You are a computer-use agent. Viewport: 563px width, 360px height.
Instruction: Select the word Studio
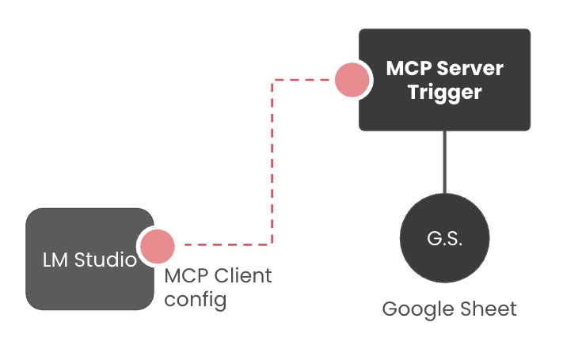(105, 260)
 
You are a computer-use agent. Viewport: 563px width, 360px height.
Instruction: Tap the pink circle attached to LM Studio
(157, 246)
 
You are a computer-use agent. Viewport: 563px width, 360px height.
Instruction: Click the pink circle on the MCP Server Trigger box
(352, 79)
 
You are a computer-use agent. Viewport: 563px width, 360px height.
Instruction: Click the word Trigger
(445, 93)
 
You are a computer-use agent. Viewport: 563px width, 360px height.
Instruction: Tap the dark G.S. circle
(444, 238)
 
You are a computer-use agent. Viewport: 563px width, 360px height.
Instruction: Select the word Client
(242, 276)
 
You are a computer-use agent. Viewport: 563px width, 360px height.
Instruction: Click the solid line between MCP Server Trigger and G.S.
(444, 161)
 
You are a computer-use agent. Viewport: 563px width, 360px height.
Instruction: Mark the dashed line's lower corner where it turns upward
(272, 244)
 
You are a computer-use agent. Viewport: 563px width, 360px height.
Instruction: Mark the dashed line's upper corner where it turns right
(272, 79)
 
